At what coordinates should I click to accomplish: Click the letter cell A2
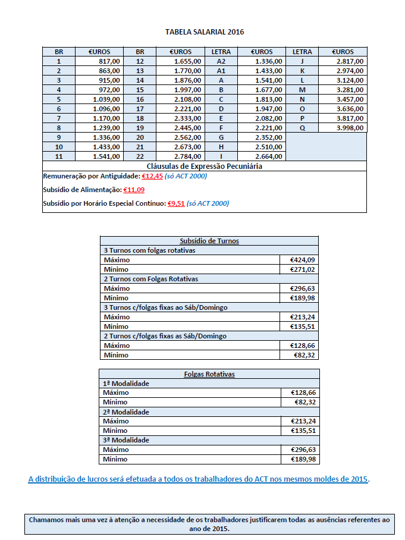221,61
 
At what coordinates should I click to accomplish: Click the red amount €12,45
152,176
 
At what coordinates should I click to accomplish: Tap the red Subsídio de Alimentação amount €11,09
133,190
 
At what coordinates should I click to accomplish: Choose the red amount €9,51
175,203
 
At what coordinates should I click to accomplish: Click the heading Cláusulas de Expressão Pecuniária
205,167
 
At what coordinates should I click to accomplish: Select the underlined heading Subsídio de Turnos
209,241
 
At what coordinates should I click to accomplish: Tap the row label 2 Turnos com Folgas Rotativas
150,279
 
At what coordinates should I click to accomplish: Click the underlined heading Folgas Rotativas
209,374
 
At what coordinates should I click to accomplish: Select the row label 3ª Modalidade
126,440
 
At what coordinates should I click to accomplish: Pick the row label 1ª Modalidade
126,384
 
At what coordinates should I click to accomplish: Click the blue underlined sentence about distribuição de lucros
199,479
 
